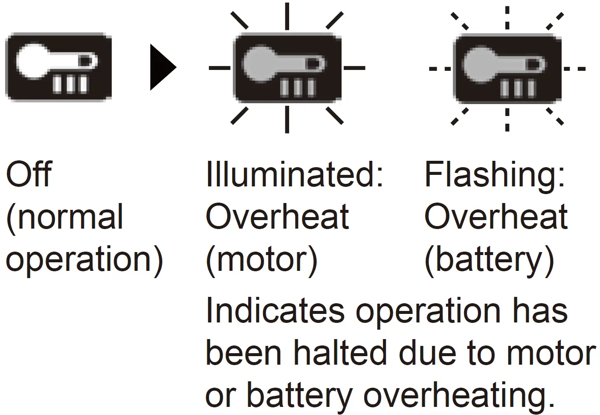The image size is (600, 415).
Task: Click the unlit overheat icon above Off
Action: tap(58, 67)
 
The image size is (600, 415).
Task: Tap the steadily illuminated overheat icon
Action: tap(287, 67)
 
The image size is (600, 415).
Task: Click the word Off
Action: tap(28, 174)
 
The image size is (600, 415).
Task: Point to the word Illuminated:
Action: tap(294, 174)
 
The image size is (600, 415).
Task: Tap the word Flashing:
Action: tap(495, 174)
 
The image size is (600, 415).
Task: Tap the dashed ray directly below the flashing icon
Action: tap(507, 119)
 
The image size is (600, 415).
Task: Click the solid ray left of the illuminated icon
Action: tap(220, 67)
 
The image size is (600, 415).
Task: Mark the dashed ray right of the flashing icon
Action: tap(574, 68)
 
